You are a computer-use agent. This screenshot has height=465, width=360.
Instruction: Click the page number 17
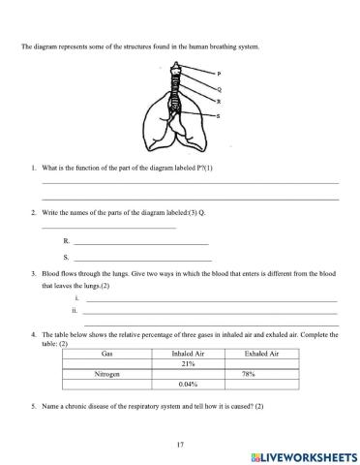point(180,444)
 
